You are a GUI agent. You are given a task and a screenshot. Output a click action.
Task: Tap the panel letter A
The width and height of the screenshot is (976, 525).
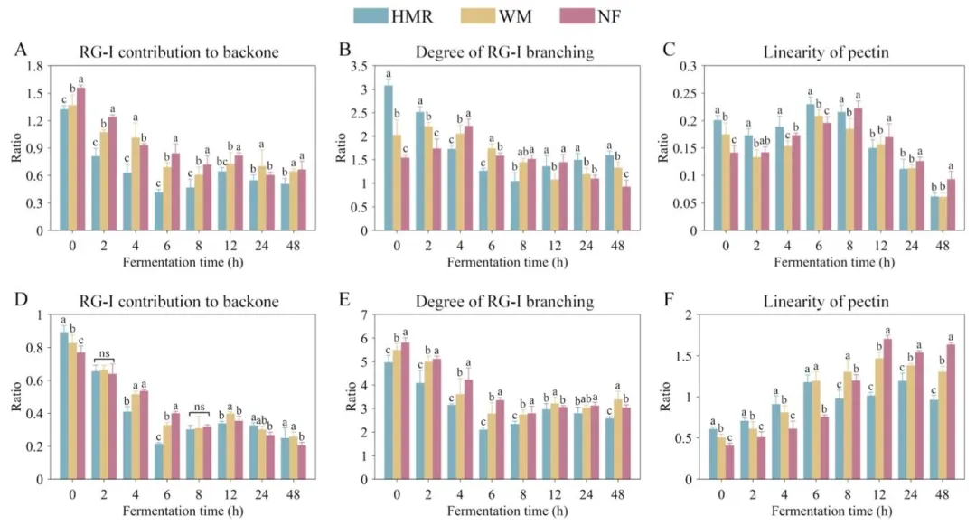pyautogui.click(x=20, y=51)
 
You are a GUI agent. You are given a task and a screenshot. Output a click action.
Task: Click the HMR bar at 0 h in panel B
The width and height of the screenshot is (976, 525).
pyautogui.click(x=388, y=158)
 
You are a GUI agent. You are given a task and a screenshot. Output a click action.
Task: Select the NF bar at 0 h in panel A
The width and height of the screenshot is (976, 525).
pyautogui.click(x=80, y=159)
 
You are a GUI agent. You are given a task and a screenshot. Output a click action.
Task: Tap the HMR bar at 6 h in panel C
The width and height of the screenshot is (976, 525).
pyautogui.click(x=811, y=167)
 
